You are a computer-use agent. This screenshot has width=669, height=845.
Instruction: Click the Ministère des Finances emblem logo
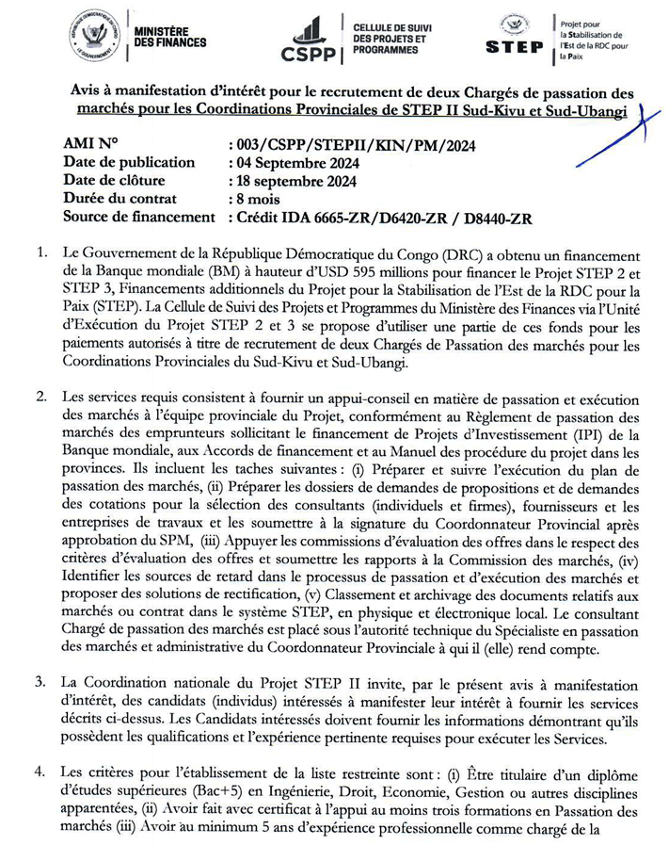94,34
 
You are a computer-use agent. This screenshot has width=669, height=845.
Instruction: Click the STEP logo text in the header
514,45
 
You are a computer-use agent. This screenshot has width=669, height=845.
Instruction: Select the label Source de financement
138,218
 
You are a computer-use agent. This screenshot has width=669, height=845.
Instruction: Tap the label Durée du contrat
124,199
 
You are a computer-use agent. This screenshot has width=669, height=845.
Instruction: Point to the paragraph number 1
40,255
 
